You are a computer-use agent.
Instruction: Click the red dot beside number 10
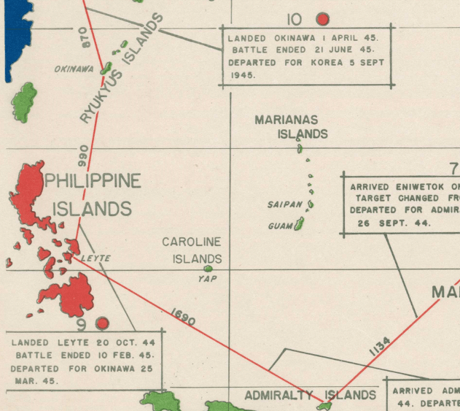click(322, 20)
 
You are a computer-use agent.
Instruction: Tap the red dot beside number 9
click(102, 323)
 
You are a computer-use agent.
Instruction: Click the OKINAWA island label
click(74, 69)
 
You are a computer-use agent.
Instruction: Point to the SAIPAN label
click(285, 205)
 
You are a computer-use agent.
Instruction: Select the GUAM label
click(280, 226)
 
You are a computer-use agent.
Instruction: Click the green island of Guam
click(298, 224)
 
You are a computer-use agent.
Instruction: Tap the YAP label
click(208, 279)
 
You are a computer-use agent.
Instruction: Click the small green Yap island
click(208, 269)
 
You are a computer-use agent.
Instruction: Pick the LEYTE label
click(95, 258)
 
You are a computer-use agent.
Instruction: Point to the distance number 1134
click(380, 346)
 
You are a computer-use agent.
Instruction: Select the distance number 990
click(83, 158)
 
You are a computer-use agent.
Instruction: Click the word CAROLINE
click(191, 242)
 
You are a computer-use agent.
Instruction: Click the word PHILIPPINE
click(93, 181)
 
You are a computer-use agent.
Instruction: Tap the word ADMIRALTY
click(278, 396)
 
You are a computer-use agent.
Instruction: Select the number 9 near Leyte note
click(82, 324)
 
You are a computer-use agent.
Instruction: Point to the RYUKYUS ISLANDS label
click(120, 68)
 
